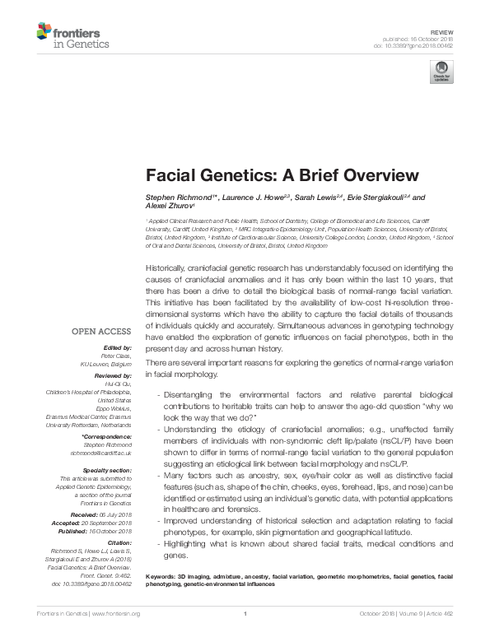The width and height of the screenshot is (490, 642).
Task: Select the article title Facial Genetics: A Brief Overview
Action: pos(282,175)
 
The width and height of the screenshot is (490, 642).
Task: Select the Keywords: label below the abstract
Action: pos(162,575)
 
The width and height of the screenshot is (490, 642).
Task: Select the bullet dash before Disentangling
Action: pos(157,395)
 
